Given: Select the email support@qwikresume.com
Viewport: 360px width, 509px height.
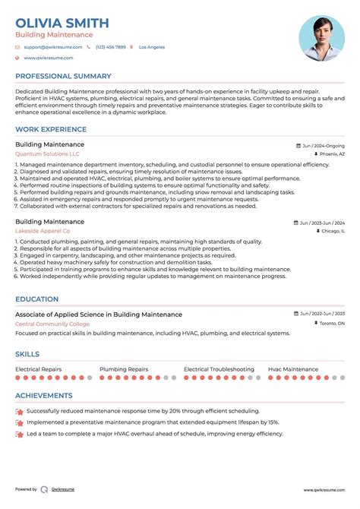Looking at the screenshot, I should [x=51, y=47].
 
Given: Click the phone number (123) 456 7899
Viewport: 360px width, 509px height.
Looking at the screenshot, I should [x=110, y=47].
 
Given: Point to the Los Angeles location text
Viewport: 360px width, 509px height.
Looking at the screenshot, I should [x=151, y=47].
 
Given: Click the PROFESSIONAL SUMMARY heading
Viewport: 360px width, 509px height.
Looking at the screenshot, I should [x=63, y=76].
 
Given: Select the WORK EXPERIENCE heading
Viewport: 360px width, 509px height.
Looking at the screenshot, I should [x=53, y=129].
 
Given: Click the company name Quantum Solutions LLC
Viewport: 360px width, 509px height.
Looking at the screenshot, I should [x=47, y=153].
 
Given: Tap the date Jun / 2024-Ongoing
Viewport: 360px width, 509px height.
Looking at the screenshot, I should [x=323, y=144].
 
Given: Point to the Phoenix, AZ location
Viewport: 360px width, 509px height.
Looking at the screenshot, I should [x=332, y=153].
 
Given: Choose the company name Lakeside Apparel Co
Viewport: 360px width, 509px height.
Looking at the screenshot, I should [x=43, y=230].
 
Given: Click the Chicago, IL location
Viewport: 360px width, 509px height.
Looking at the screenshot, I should [x=332, y=230].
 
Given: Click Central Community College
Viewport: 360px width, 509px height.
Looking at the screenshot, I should [x=52, y=324].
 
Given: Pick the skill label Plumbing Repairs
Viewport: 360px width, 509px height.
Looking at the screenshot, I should [x=124, y=369].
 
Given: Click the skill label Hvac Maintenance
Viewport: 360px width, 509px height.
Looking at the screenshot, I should [x=293, y=369].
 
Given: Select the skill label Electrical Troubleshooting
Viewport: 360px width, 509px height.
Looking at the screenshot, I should [x=219, y=369].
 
